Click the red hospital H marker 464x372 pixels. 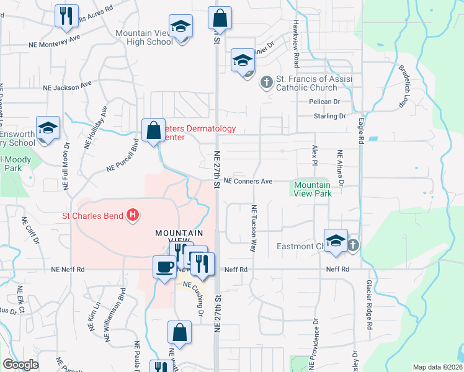132,216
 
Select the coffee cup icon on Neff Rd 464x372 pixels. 164,267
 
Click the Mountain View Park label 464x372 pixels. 312,189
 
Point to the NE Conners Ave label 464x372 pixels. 248,182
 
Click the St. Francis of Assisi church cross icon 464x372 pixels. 266,82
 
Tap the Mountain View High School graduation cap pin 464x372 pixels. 181,27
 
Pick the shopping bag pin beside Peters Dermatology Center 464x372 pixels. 153,131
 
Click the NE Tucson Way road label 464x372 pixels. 253,228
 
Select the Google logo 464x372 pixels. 20,365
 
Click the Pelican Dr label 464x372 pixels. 325,101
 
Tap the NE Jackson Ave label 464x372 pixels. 68,86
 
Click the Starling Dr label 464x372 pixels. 330,116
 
